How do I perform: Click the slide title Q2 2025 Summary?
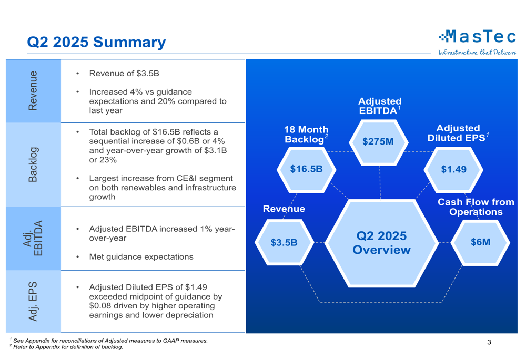(x=96, y=42)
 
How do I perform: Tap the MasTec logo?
(x=478, y=36)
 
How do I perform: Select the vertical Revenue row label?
(x=33, y=90)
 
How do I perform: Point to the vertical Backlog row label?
(x=33, y=164)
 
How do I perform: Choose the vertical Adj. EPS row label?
(x=33, y=302)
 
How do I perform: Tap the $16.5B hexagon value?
(x=306, y=169)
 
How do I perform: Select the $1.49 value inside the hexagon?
(x=453, y=169)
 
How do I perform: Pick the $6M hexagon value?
(x=480, y=242)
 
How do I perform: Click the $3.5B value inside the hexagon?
(x=284, y=242)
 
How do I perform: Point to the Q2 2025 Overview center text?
(x=381, y=242)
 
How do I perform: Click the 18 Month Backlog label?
(x=306, y=135)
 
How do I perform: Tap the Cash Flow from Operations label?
(x=476, y=207)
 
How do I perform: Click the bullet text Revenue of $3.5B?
(x=124, y=73)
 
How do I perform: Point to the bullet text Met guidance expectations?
(x=141, y=257)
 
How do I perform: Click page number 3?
(x=489, y=342)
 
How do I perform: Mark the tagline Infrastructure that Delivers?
(x=477, y=52)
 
